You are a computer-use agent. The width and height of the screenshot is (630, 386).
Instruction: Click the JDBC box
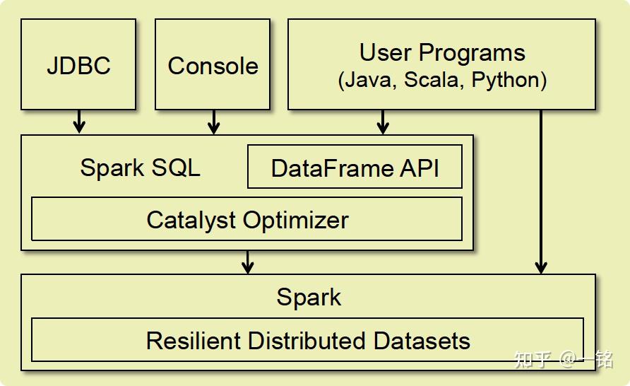(x=78, y=65)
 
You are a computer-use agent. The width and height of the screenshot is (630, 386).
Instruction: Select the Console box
(x=213, y=65)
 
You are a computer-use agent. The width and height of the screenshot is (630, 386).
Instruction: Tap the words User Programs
(x=442, y=53)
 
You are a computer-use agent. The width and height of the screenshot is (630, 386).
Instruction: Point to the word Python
(x=505, y=80)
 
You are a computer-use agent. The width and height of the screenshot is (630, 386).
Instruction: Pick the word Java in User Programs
(x=368, y=80)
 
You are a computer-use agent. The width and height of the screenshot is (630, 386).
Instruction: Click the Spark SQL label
(x=140, y=168)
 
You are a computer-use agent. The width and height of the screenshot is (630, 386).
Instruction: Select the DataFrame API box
(x=355, y=168)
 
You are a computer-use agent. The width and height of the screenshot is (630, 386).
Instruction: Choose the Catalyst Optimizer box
(x=247, y=219)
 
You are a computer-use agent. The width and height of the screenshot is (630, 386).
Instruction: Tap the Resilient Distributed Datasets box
(x=307, y=340)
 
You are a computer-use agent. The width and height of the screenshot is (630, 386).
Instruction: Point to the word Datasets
(x=422, y=340)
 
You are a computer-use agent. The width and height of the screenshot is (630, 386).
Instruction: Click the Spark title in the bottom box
(x=309, y=297)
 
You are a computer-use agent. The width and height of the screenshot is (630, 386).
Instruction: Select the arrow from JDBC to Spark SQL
(x=79, y=121)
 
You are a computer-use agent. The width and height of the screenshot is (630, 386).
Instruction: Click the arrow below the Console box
(x=213, y=121)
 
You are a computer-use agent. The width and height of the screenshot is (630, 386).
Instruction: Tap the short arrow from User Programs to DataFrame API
(x=383, y=121)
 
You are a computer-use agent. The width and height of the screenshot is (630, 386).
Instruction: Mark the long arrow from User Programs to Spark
(x=541, y=191)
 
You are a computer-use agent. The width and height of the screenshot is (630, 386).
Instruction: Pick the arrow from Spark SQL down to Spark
(x=247, y=262)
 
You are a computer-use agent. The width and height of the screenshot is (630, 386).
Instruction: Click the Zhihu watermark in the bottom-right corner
(x=564, y=359)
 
